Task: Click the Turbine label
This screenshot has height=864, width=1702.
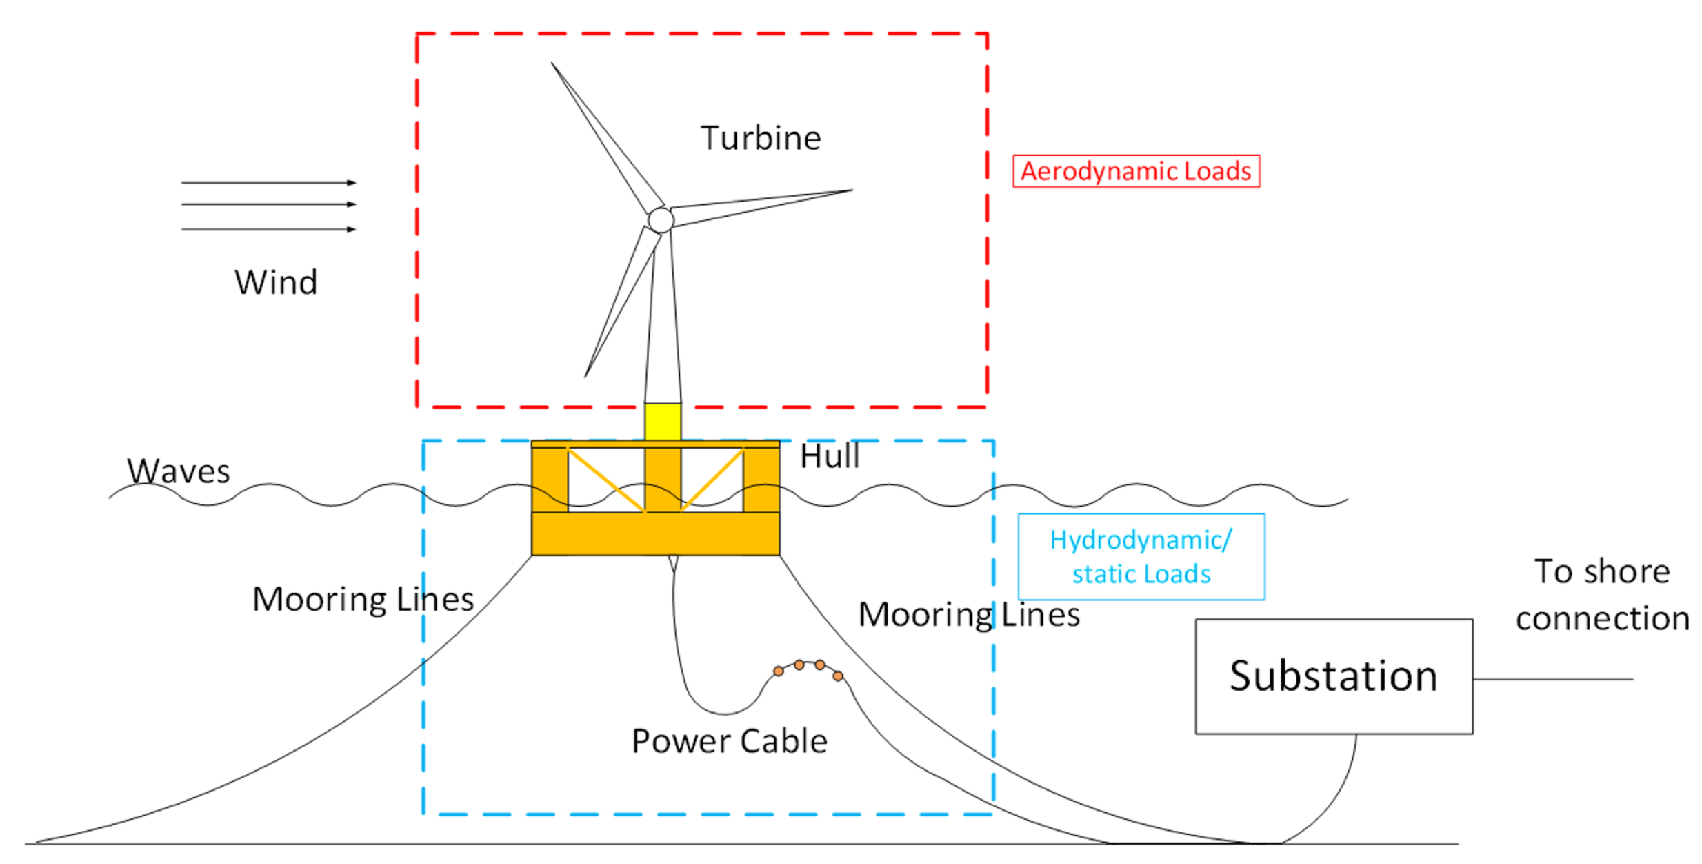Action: coord(760,138)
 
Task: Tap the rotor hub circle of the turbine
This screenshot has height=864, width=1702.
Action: coord(660,220)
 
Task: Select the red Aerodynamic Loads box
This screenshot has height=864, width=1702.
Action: coord(1135,171)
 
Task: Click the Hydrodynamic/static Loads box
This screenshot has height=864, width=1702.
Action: coord(1141,556)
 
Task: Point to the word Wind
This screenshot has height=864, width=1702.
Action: coord(276,282)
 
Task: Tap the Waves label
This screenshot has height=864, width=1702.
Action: coord(178,471)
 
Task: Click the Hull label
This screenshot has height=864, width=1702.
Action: coord(829,456)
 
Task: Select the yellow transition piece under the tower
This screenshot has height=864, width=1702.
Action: coord(662,421)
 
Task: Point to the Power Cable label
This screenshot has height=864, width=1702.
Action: coord(729,741)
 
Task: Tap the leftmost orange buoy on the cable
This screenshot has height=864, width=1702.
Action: coord(778,671)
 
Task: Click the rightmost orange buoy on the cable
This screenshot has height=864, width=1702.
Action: coord(837,676)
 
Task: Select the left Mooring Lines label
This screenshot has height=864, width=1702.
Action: coord(363,599)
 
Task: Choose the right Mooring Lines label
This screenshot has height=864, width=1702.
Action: coord(968,614)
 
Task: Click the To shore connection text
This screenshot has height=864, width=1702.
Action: coord(1601,595)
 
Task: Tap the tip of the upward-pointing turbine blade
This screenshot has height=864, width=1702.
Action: coord(552,64)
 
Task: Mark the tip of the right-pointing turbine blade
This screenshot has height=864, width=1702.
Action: coord(851,190)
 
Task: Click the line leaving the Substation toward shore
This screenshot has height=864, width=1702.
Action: coord(1552,679)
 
